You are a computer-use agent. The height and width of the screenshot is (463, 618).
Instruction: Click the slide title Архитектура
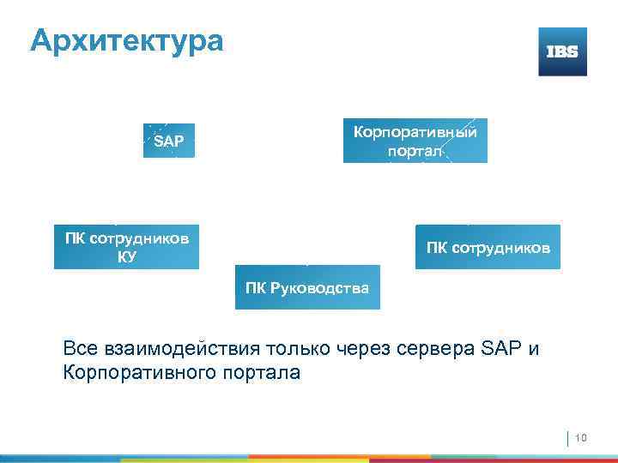tap(126, 40)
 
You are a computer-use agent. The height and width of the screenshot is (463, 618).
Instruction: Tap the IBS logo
tap(562, 51)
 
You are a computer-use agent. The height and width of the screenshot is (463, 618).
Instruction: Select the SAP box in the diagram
tap(168, 141)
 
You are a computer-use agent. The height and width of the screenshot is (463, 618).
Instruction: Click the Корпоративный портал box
tap(415, 141)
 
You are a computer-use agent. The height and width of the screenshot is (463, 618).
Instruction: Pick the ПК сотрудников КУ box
tap(126, 247)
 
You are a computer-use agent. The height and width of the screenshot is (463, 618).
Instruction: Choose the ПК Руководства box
tap(307, 287)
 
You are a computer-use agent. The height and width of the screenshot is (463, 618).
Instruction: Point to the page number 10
tap(580, 439)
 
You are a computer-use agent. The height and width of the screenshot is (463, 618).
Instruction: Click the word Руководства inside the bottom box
tap(319, 287)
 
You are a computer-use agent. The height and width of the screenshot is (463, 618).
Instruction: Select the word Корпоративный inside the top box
tap(415, 132)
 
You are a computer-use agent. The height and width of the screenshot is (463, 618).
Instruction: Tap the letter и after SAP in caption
tap(535, 349)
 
